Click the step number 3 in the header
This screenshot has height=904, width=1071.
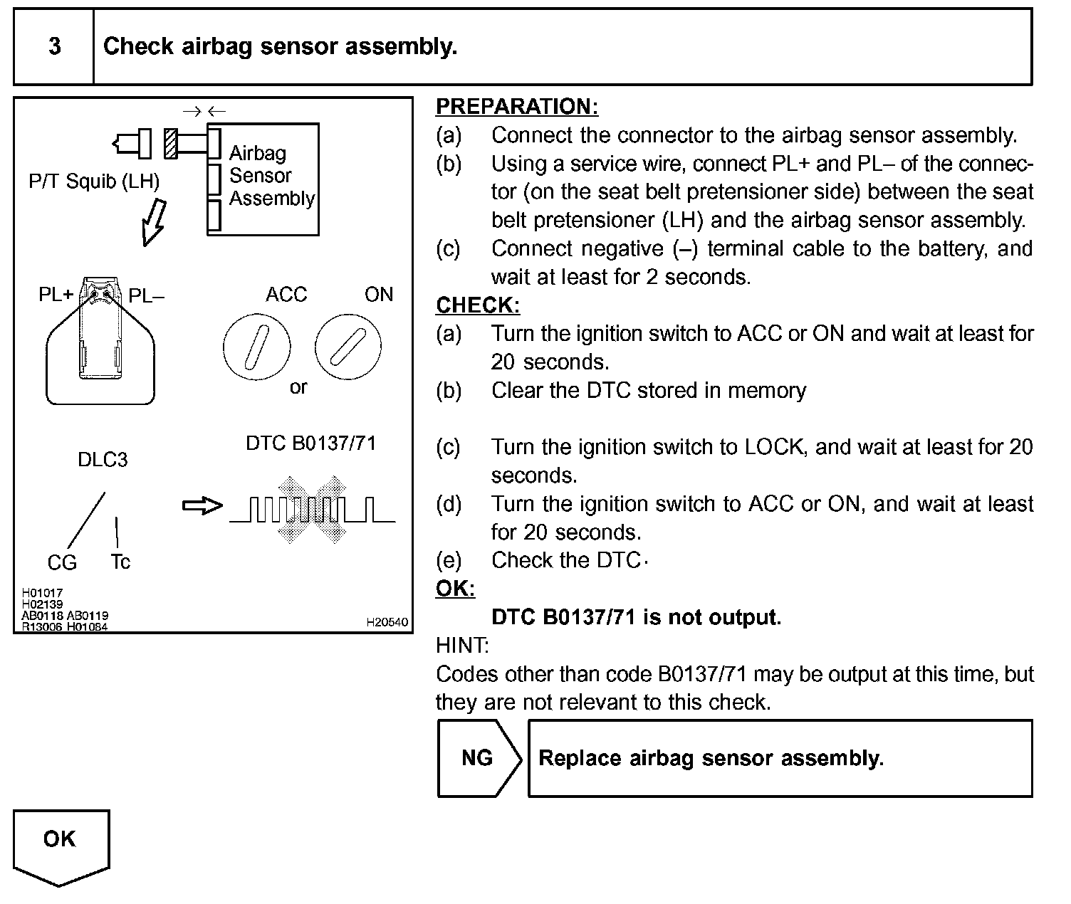coord(54,47)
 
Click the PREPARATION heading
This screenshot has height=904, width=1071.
coord(516,107)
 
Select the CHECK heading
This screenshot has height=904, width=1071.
coord(477,305)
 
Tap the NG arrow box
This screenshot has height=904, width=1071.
coord(477,758)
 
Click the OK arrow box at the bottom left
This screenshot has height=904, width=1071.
coord(60,843)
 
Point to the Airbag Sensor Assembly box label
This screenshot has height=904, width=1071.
coord(271,176)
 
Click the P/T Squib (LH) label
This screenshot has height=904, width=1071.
coord(94,182)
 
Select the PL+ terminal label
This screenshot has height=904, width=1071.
coord(56,295)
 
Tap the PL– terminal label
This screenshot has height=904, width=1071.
coord(146,296)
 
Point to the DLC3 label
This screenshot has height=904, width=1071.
coord(103,460)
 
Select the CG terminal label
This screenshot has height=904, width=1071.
coord(62,563)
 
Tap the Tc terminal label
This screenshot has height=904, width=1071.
coord(120,562)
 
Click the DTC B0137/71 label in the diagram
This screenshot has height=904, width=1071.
coord(310,443)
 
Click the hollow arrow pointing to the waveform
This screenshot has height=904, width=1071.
coord(202,506)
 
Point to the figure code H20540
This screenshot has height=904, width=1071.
coord(387,622)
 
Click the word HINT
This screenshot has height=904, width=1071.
coord(461,646)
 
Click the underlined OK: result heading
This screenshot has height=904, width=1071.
coord(455,589)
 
